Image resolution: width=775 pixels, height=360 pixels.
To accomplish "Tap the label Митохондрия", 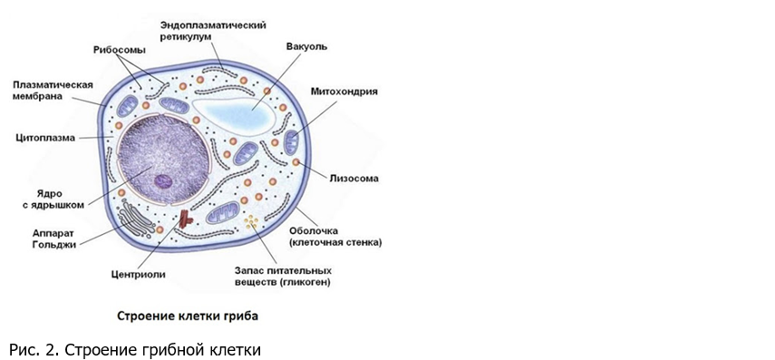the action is (x=344, y=92).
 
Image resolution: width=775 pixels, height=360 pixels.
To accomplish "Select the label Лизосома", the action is (x=354, y=178).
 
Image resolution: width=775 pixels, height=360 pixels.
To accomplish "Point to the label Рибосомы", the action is (x=119, y=50).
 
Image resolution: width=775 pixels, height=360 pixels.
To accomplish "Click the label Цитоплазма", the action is (x=45, y=138).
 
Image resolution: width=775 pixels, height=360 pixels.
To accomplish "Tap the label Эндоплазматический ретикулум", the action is (x=213, y=31).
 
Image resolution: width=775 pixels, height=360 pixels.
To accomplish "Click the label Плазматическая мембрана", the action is (x=53, y=91).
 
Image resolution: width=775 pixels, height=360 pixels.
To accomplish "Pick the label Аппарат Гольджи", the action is (x=54, y=238).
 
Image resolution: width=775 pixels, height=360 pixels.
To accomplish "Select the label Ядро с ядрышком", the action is (x=53, y=199).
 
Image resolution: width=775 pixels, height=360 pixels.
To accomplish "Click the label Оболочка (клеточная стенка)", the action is (x=335, y=237).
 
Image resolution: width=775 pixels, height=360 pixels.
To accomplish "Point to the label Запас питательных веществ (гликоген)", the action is (x=283, y=277).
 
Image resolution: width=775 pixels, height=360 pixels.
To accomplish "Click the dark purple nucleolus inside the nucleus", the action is (x=162, y=182).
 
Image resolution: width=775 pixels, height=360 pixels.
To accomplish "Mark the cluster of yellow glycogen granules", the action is (x=251, y=220).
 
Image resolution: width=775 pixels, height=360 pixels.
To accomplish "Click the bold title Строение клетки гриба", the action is (x=188, y=316).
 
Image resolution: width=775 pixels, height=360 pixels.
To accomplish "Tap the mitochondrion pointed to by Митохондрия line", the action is (x=291, y=142).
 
